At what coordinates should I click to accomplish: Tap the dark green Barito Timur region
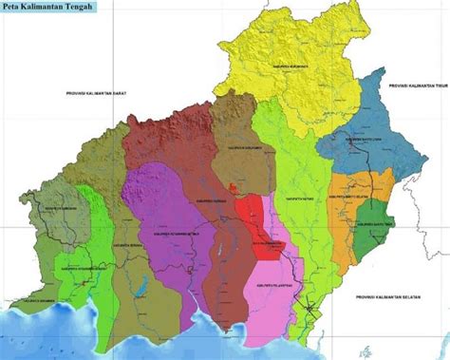pos(372,219)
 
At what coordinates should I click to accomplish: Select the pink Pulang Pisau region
pos(269,285)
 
